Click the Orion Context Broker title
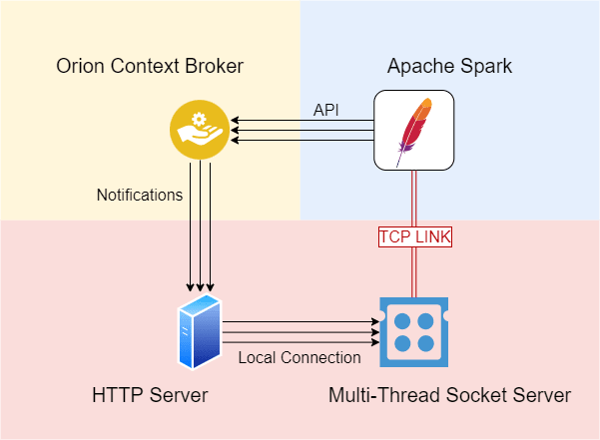click(149, 67)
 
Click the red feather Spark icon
click(414, 130)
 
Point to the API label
click(326, 110)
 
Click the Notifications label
click(139, 195)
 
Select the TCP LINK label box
click(414, 237)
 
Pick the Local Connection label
click(300, 357)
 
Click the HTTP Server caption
click(149, 396)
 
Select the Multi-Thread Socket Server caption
click(449, 396)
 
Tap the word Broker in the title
click(215, 67)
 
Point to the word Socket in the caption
click(472, 396)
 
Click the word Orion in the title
click(78, 67)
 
